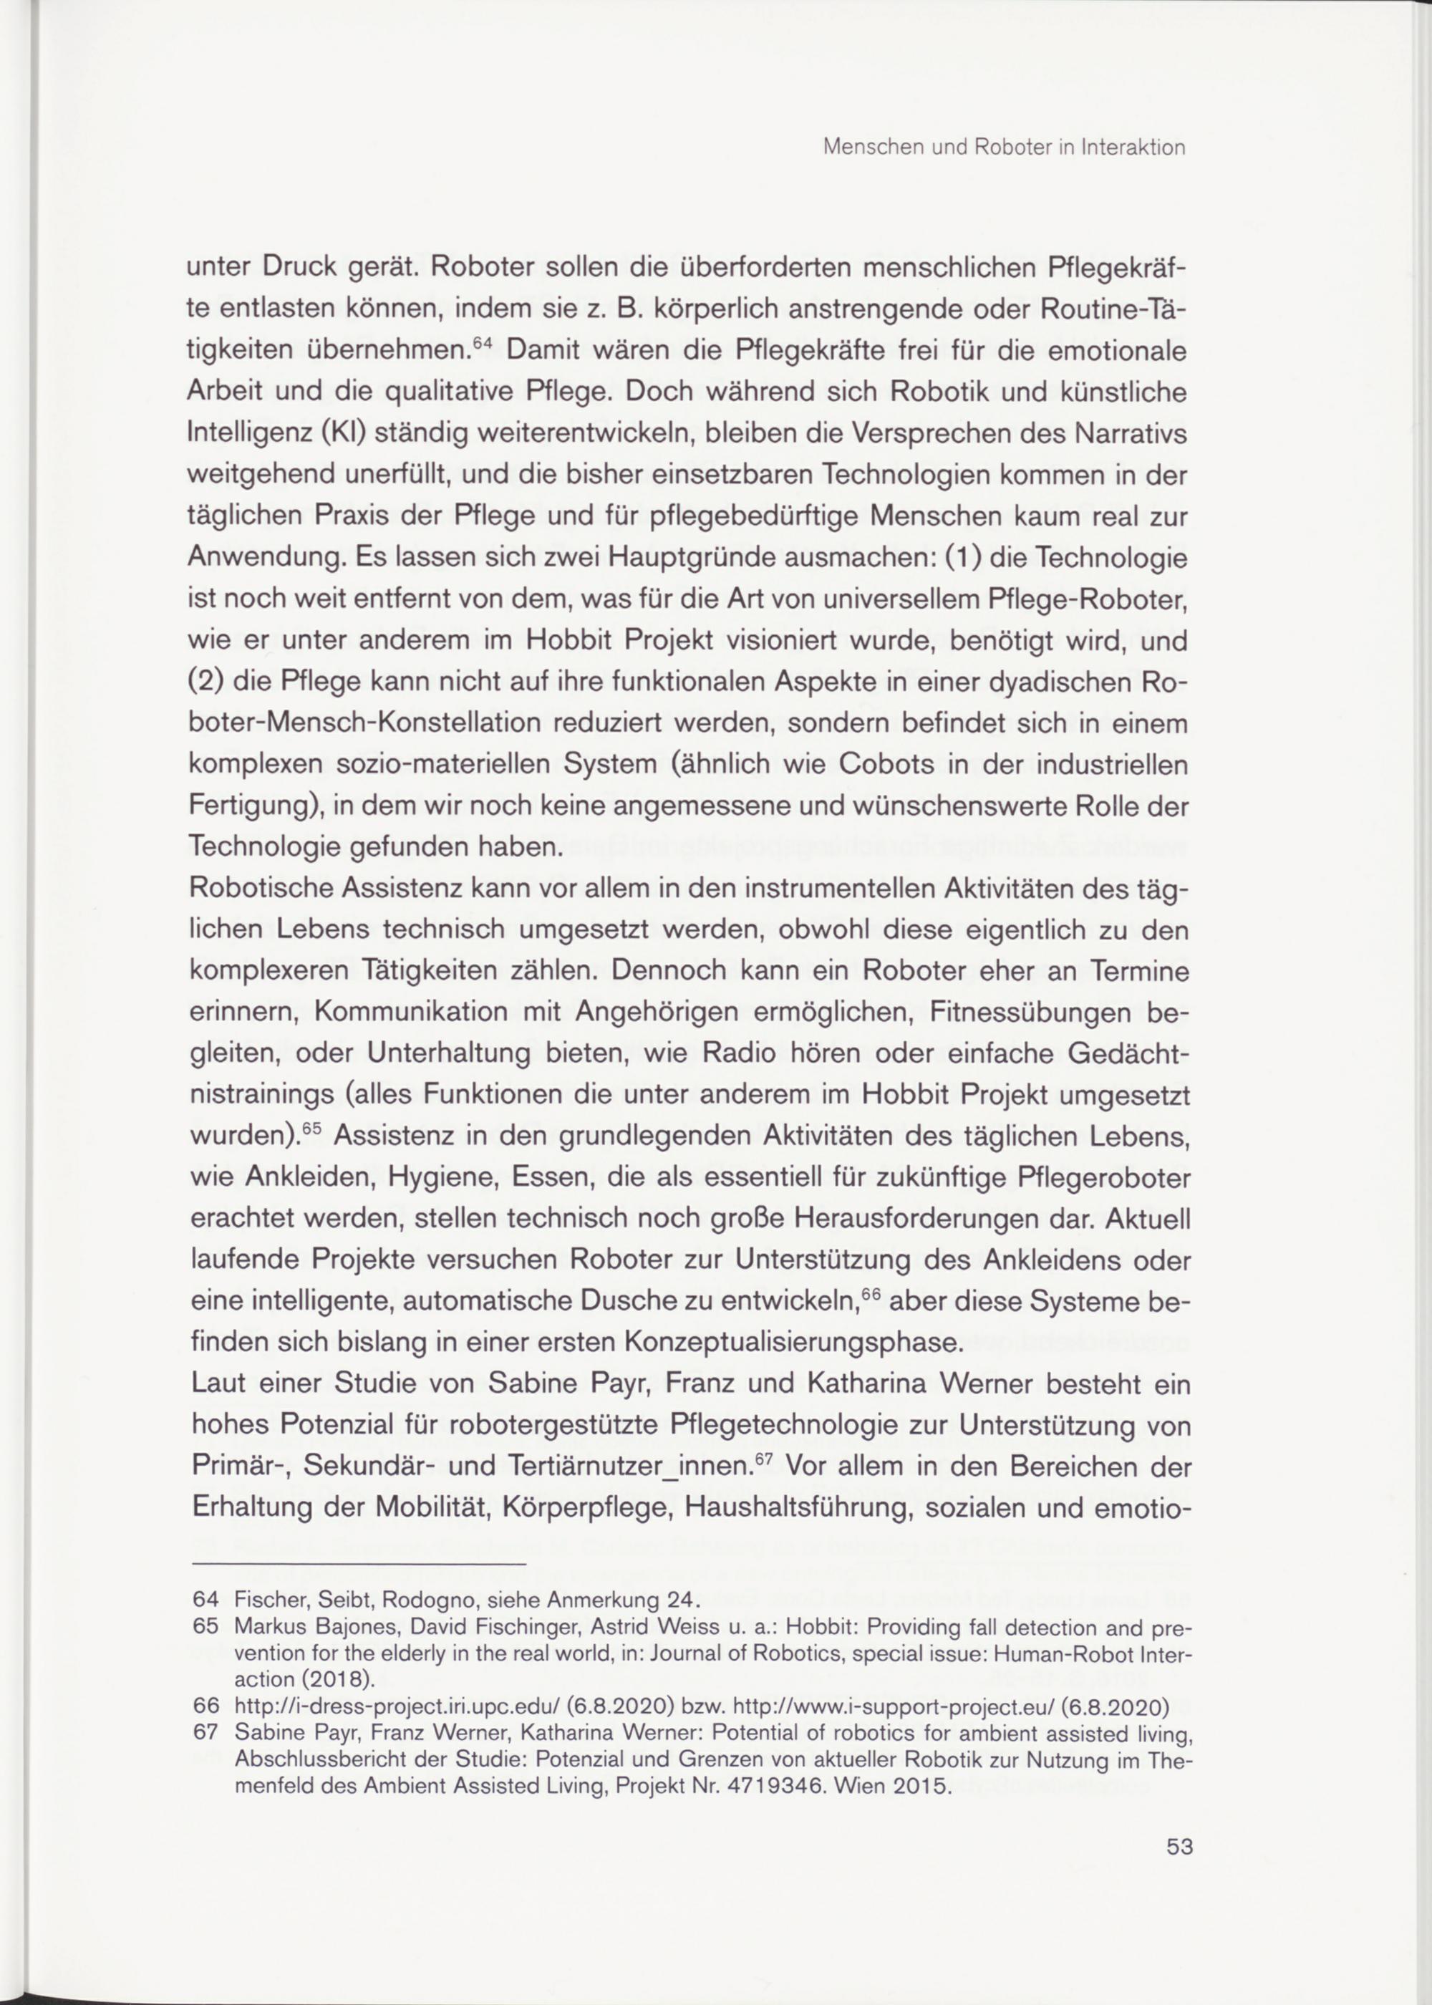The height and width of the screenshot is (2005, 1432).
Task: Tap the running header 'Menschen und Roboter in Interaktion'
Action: (x=1003, y=148)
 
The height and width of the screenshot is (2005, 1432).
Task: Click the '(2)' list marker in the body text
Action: (x=205, y=682)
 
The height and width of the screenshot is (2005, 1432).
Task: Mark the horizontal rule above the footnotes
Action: (x=358, y=1565)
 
